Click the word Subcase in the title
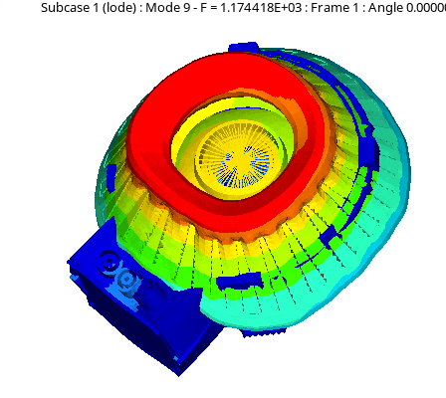[65, 7]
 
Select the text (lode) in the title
[117, 8]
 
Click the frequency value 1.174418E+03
[261, 7]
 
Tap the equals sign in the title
[213, 8]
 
